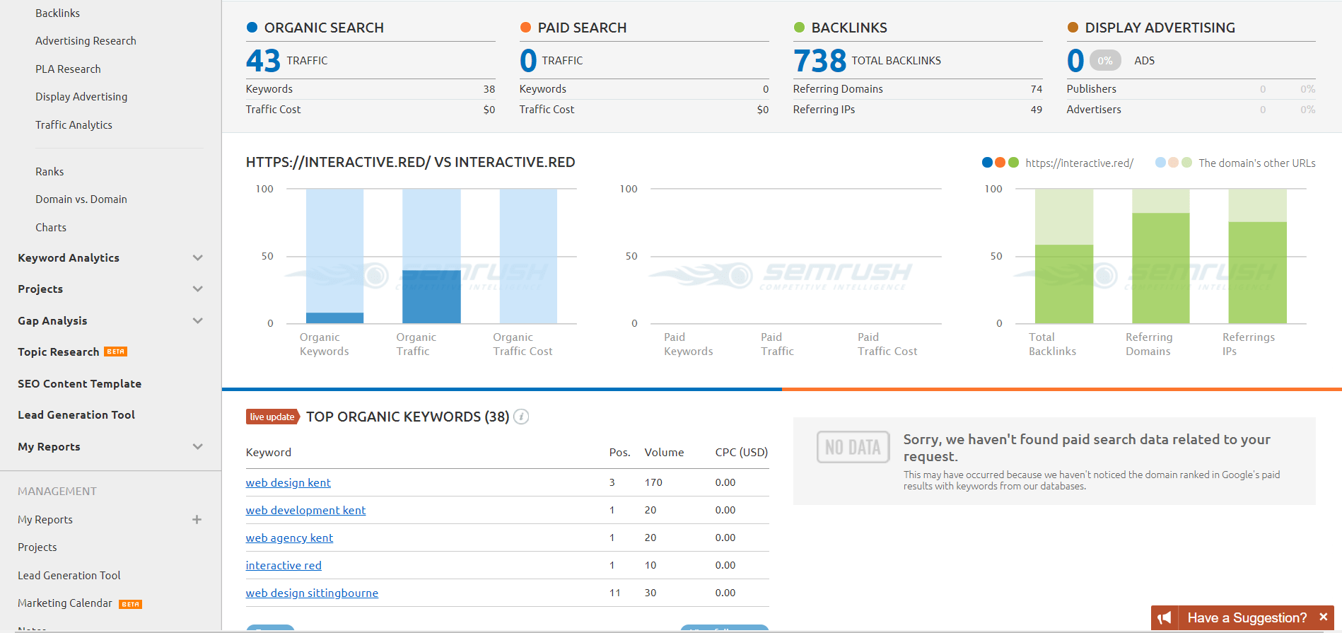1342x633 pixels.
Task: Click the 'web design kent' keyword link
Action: [x=288, y=482]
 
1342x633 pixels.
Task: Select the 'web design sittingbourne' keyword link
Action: [x=312, y=593]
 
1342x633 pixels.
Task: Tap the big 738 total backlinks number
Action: [x=819, y=61]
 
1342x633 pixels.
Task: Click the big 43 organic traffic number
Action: [x=263, y=61]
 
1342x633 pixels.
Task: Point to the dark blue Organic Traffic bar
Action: [x=431, y=296]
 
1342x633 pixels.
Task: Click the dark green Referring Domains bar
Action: [x=1160, y=268]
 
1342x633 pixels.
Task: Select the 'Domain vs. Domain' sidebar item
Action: [x=81, y=199]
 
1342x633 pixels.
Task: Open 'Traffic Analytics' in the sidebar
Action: [x=74, y=125]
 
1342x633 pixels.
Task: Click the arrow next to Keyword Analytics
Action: [x=198, y=258]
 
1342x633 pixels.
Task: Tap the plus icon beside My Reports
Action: [x=197, y=520]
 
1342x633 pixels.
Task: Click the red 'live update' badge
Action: [x=272, y=417]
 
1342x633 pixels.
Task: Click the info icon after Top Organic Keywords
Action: [x=521, y=417]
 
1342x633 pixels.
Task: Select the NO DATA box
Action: [x=853, y=447]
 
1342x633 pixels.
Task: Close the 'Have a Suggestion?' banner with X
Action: [x=1323, y=617]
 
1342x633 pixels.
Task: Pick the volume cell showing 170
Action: [x=653, y=482]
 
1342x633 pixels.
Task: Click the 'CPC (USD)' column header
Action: [x=741, y=453]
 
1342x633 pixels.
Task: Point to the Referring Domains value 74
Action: [x=1036, y=89]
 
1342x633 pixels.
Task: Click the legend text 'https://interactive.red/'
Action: [x=1079, y=163]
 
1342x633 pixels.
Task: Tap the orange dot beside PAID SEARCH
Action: [x=525, y=28]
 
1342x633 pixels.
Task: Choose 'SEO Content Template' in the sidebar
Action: [x=79, y=384]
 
